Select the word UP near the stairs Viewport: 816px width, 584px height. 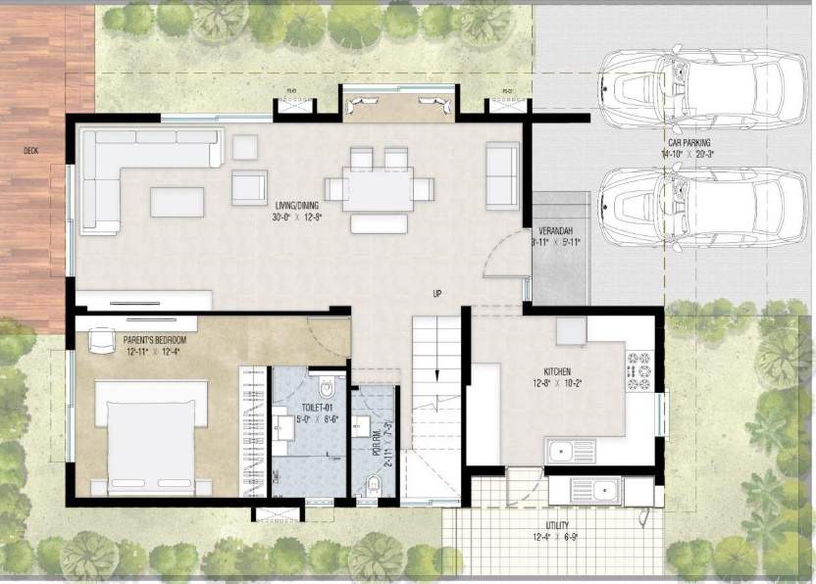(x=438, y=293)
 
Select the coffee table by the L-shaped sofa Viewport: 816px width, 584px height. (x=177, y=201)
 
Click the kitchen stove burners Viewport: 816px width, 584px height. (x=641, y=373)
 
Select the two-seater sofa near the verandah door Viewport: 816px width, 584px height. (x=502, y=174)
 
